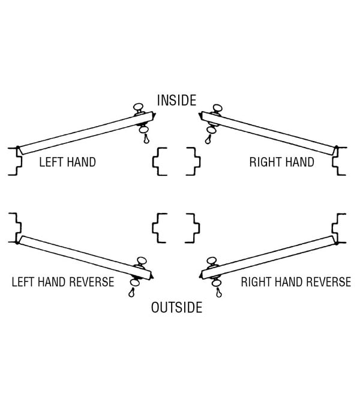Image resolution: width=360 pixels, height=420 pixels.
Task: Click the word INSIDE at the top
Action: point(177,100)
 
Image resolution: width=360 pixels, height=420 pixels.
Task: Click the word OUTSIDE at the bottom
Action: point(177,307)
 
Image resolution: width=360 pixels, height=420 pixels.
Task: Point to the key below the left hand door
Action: point(146,139)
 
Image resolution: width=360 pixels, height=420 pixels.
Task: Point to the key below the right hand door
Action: point(208,139)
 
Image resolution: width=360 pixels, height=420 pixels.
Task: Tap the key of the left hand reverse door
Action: point(131,292)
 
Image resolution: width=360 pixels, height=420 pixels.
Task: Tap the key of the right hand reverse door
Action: point(219,293)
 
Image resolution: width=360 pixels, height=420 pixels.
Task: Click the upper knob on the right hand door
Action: point(217,108)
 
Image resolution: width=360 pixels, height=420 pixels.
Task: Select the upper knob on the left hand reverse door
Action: point(142,260)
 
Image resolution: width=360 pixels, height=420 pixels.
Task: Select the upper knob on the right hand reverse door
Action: point(212,260)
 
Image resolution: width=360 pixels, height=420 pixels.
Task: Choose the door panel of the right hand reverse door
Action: point(268,257)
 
